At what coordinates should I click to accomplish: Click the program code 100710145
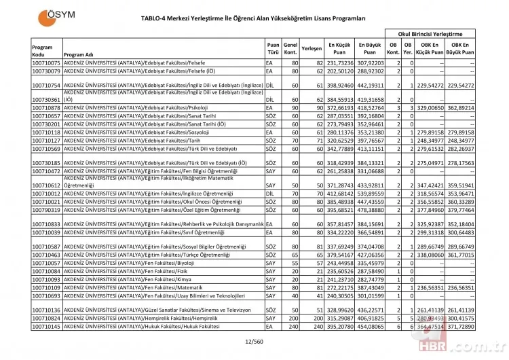(46, 327)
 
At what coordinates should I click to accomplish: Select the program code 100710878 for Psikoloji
(46, 108)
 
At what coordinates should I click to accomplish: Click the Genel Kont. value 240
(291, 327)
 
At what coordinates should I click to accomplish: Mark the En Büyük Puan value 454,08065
(371, 327)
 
